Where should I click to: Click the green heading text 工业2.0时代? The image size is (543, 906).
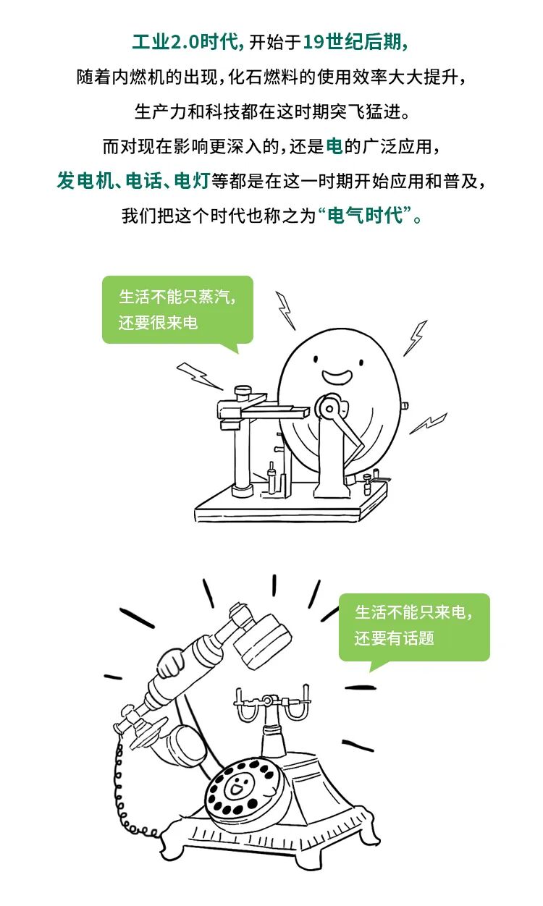point(186,42)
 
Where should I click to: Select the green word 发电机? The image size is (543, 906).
point(85,180)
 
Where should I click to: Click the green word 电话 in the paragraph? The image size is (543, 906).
point(143,180)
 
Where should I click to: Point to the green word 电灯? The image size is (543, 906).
point(192,180)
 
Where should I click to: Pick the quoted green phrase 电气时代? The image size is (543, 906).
point(366,215)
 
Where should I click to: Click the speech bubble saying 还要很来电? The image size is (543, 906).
point(177,310)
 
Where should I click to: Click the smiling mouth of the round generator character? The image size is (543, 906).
point(337,376)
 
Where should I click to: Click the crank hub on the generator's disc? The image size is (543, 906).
point(329,409)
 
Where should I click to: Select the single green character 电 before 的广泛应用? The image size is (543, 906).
point(334,146)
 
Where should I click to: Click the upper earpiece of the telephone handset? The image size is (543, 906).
point(263,641)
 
